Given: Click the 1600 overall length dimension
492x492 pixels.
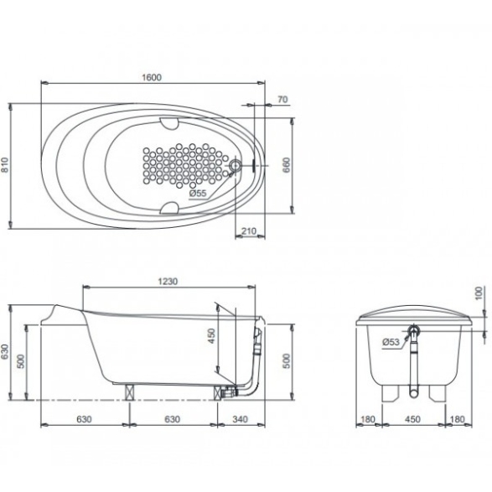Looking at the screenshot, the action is pos(152,77).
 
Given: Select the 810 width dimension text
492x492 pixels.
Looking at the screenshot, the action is pos(5,165).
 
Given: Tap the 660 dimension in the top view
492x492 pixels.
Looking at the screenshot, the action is pos(286,165).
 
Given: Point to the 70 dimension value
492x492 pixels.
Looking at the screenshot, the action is pos(282,100).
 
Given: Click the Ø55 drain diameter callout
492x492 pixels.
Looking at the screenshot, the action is pos(198,194).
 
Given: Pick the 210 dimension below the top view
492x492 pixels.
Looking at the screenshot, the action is pos(249,231).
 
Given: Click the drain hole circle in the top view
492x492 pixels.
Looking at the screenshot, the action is pos(236,165).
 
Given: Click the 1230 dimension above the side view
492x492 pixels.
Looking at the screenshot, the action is pos(168,281).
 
